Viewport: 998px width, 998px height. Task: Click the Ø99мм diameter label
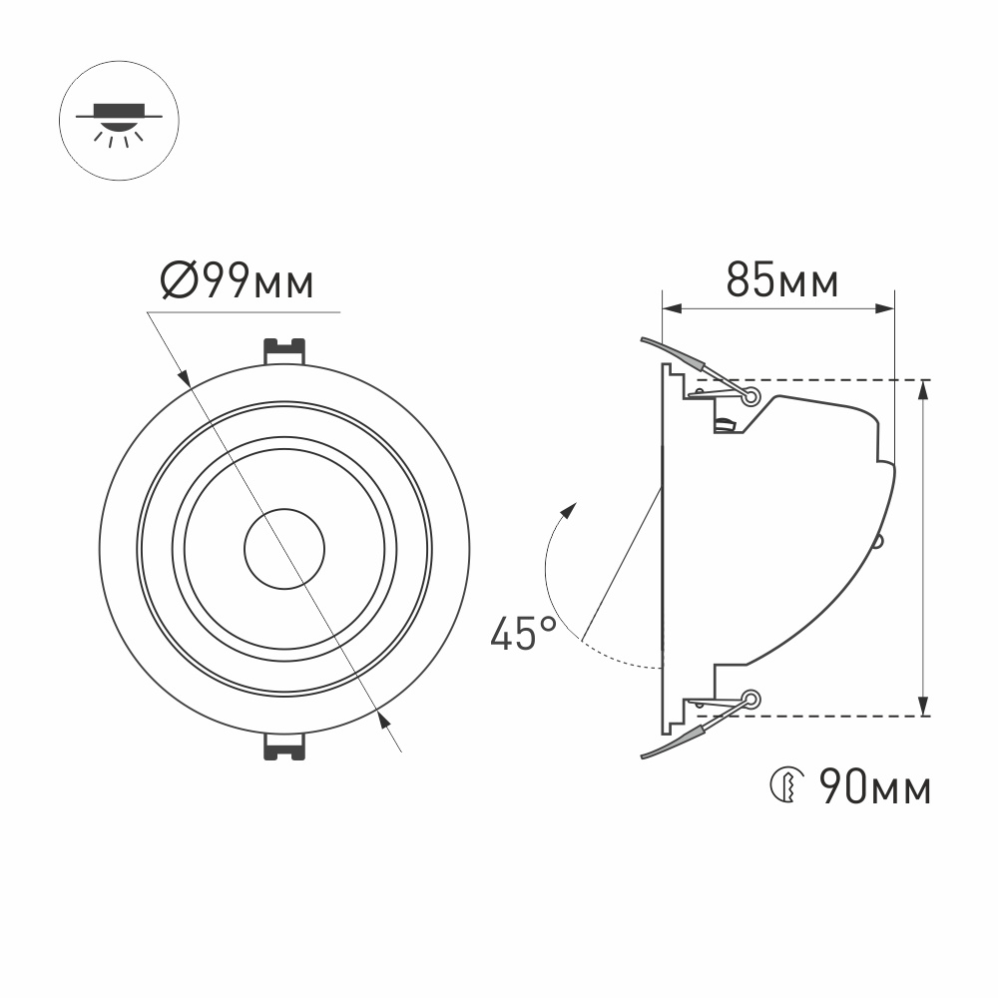238,282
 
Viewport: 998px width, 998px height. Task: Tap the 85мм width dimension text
781,282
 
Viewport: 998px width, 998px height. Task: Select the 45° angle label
523,634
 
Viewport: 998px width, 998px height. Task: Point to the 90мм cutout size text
875,788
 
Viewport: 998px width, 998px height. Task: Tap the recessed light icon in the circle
119,122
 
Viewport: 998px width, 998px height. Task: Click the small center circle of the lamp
284,549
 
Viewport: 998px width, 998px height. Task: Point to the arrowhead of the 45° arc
570,510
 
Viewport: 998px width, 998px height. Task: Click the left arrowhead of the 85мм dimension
671,308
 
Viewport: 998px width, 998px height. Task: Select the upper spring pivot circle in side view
750,396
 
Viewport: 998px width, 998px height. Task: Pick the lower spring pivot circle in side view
750,700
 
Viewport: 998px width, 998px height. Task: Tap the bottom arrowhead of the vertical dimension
924,708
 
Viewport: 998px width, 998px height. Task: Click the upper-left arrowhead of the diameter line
185,378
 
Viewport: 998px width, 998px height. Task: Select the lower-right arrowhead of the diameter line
383,719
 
